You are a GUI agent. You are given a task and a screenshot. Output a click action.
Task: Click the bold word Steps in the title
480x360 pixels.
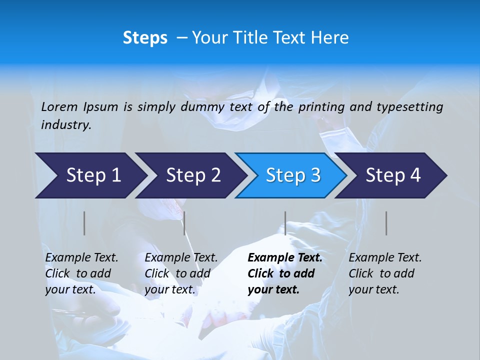145,38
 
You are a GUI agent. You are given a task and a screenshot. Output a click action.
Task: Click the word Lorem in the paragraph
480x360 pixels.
59,106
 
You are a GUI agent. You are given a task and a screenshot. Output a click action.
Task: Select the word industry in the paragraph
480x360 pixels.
66,125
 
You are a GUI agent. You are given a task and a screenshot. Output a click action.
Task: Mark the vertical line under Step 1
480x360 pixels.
84,223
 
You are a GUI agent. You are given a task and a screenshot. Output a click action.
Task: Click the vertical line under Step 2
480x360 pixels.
184,223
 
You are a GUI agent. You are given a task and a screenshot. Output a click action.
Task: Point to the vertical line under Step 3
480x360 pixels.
285,223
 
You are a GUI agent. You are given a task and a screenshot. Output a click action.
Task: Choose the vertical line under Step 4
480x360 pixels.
386,223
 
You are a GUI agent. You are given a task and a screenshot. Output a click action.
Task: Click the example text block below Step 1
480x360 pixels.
81,273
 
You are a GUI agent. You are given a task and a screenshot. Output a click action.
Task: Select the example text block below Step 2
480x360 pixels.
181,273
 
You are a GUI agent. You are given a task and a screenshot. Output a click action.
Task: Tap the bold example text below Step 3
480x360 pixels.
284,273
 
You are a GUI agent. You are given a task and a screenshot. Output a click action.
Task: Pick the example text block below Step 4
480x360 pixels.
385,273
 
